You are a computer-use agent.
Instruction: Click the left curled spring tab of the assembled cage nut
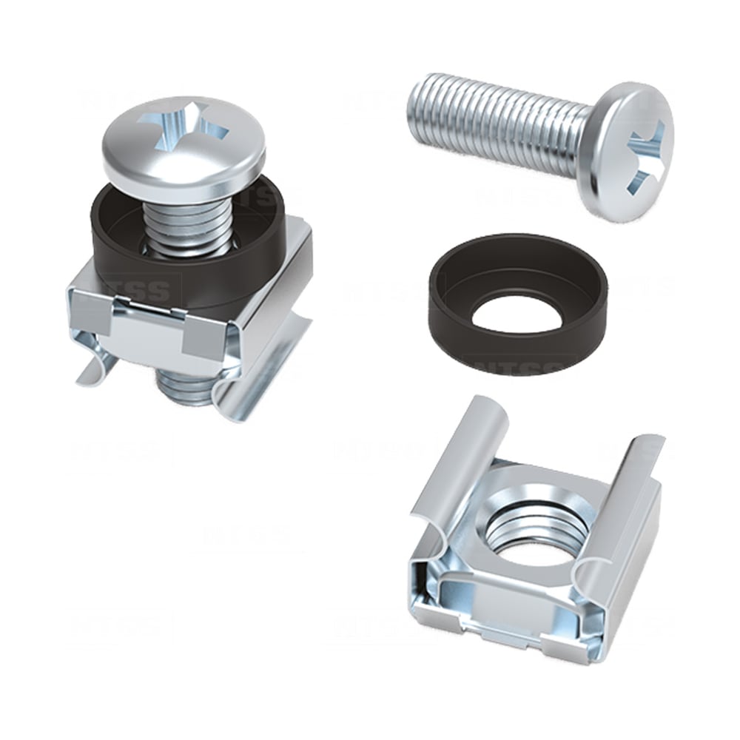(96, 366)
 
